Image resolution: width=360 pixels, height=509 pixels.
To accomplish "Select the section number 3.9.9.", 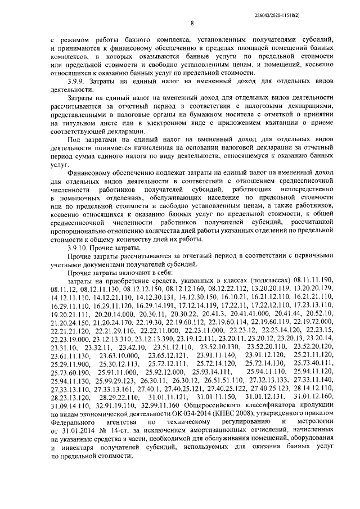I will (x=76, y=82).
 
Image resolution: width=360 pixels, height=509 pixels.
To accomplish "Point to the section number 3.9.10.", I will (x=78, y=248).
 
